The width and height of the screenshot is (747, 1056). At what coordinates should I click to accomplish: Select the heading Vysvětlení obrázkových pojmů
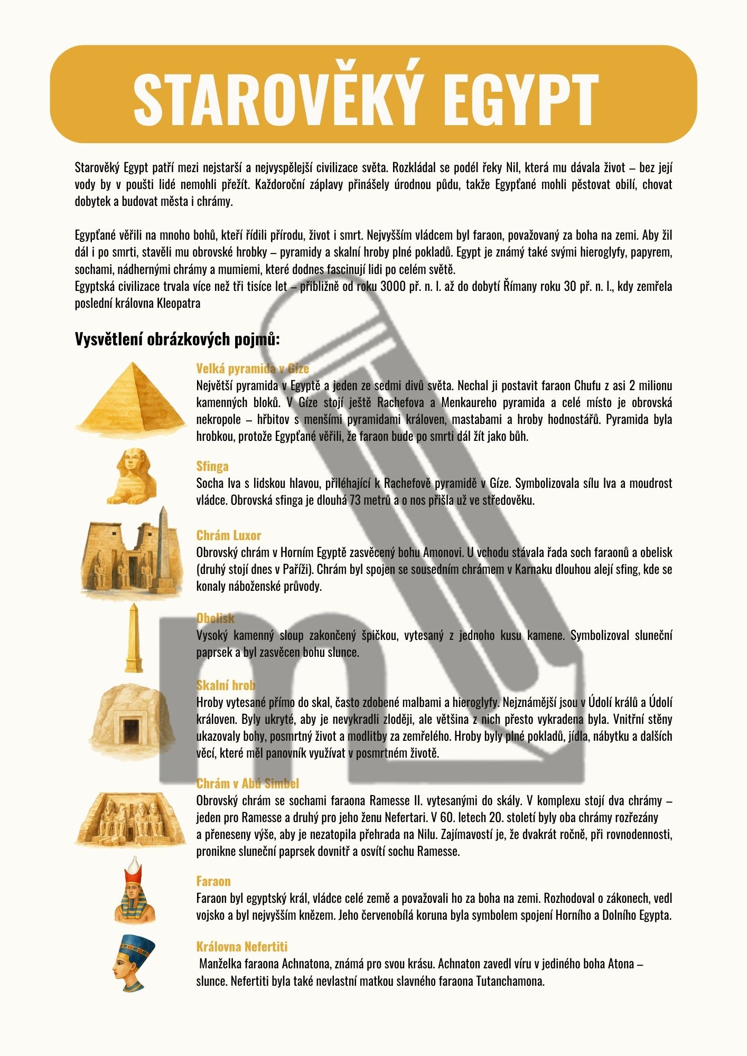tap(177, 339)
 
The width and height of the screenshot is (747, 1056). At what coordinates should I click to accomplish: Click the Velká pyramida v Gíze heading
tap(253, 368)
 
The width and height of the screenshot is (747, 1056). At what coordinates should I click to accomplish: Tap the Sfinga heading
tap(212, 466)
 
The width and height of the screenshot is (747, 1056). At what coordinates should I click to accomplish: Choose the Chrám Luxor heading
tap(229, 535)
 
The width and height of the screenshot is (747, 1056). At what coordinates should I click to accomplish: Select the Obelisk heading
tap(215, 618)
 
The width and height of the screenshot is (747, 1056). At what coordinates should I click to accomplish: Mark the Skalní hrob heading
tap(226, 685)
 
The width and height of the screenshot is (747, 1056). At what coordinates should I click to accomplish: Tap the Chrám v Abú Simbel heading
tap(247, 783)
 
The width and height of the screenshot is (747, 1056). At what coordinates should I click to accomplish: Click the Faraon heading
tap(213, 881)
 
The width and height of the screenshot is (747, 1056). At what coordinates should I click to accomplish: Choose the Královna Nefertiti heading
tap(241, 946)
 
